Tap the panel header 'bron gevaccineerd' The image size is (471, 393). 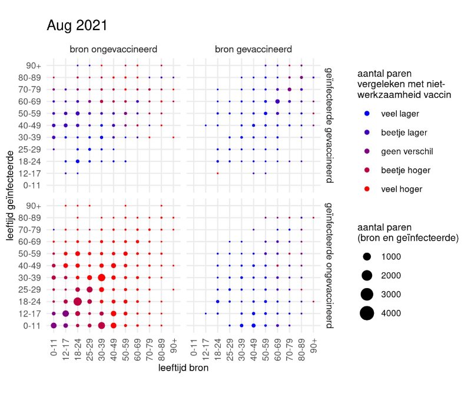(x=254, y=49)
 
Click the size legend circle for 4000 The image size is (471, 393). (x=367, y=313)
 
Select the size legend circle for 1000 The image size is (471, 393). (x=367, y=256)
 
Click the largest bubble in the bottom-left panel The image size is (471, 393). (x=77, y=302)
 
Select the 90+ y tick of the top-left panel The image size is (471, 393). (x=33, y=65)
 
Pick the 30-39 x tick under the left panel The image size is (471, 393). (x=101, y=349)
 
